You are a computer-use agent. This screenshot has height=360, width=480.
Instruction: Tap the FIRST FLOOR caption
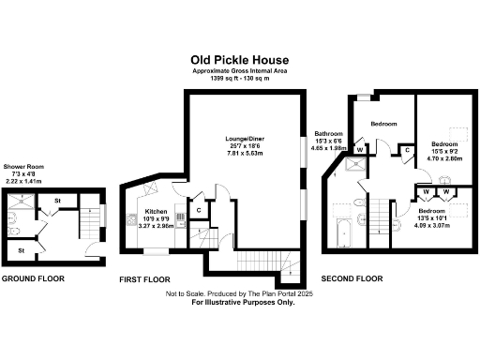[x=144, y=279]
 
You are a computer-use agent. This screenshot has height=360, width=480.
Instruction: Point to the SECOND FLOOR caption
[x=352, y=278]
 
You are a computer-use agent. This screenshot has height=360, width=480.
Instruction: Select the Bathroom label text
[x=329, y=133]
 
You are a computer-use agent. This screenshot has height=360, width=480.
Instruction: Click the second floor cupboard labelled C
[x=407, y=150]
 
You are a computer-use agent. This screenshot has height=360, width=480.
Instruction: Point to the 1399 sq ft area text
[x=240, y=79]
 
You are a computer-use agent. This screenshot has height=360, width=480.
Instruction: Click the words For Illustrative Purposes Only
[x=240, y=303]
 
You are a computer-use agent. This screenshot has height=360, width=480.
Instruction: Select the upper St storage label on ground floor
[x=57, y=200]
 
